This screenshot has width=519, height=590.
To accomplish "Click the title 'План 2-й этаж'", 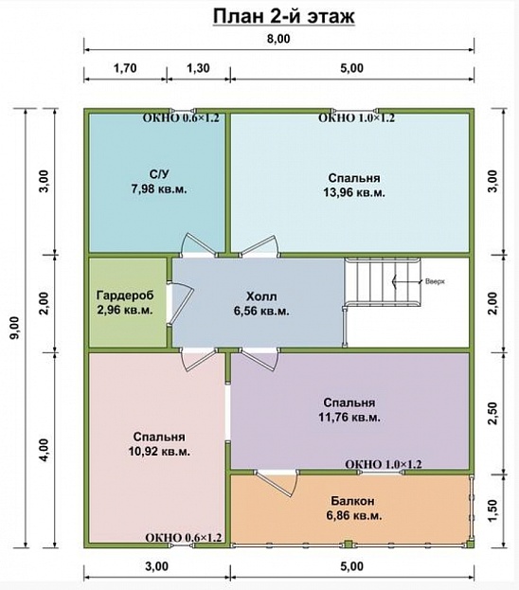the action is click(x=284, y=16).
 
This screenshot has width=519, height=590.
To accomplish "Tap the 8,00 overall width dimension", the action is click(x=278, y=39).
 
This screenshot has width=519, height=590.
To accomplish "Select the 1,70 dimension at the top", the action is click(x=125, y=68).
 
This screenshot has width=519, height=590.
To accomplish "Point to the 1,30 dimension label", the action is click(x=198, y=68).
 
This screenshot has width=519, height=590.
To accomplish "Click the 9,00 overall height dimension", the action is click(x=14, y=328).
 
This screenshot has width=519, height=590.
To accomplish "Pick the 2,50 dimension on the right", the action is click(x=492, y=413).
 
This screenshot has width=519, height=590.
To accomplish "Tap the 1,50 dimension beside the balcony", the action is click(x=492, y=510).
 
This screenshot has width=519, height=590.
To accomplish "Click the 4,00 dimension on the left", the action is click(x=44, y=451).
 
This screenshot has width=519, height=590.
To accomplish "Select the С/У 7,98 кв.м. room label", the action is click(x=159, y=182).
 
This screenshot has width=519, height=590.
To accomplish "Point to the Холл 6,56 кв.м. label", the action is click(x=261, y=304).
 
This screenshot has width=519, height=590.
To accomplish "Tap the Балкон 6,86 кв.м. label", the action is click(x=354, y=508).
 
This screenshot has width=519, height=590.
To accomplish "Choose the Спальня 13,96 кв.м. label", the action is click(x=354, y=185).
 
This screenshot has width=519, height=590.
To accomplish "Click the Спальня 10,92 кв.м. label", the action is click(x=159, y=444).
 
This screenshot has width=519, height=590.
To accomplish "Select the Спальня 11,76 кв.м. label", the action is click(x=349, y=410).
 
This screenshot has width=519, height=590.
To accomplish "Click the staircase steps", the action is click(x=382, y=281).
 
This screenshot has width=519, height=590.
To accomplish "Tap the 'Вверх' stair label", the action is click(x=435, y=281).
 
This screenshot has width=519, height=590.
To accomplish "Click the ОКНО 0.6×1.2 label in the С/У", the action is click(x=181, y=117).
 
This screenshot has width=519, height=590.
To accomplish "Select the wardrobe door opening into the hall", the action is click(x=180, y=302).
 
